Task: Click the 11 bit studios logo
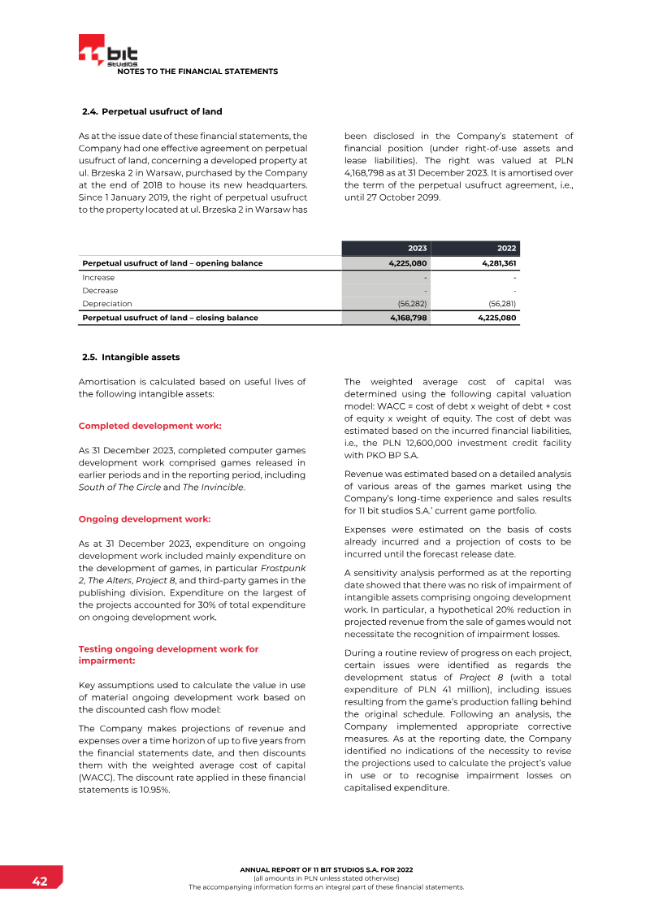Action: tap(107, 51)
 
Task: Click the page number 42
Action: tap(39, 882)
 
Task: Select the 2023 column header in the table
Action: tap(417, 249)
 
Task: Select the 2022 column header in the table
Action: tap(507, 249)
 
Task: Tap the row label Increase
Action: tap(98, 277)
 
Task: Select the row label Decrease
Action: tap(100, 290)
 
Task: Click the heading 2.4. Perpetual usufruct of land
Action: tap(152, 111)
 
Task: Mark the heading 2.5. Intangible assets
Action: tap(131, 357)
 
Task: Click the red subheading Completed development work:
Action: tap(149, 426)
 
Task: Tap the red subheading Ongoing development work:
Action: tap(144, 518)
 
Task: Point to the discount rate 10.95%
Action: tap(154, 790)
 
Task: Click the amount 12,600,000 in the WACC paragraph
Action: tap(420, 442)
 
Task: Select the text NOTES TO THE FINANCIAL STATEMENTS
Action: tap(197, 72)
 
